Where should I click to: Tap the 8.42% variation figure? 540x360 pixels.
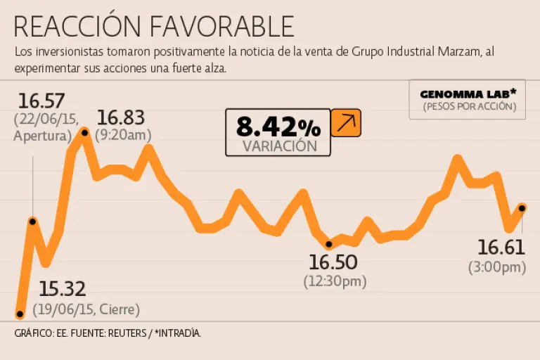click(278, 127)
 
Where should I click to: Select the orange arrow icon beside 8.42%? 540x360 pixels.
click(345, 123)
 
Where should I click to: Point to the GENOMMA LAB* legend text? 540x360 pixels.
click(469, 94)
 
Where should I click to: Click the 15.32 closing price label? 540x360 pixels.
click(62, 288)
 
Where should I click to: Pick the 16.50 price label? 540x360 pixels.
click(333, 262)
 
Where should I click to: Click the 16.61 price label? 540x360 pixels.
click(501, 247)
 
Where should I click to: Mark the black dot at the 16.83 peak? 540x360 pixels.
click(84, 132)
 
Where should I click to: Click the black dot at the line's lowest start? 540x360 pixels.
click(20, 314)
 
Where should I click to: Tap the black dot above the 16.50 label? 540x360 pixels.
click(329, 244)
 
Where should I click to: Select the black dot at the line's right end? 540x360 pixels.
click(522, 207)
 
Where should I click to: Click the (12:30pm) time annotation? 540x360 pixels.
click(335, 281)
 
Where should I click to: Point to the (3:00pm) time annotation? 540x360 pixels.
click(497, 266)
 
